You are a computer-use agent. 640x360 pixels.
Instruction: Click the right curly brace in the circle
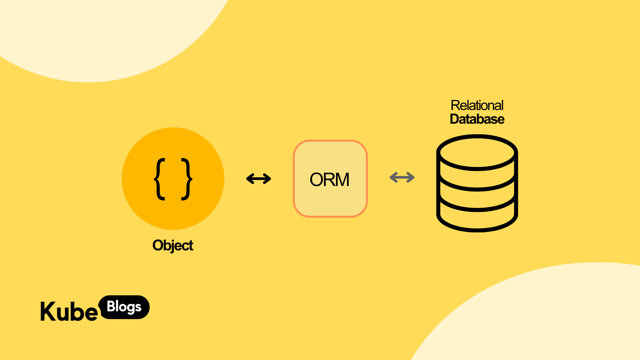pos(187,179)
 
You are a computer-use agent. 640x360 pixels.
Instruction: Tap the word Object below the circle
pos(173,246)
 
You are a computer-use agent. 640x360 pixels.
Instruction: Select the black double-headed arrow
pos(259,179)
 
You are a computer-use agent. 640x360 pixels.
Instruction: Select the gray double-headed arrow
pos(402,177)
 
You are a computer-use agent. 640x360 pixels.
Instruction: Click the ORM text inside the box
pos(329,179)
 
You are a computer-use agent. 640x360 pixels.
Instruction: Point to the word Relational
pos(477,105)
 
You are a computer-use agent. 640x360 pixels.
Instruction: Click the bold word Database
pos(477,119)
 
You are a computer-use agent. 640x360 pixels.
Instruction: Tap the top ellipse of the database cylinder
pos(477,152)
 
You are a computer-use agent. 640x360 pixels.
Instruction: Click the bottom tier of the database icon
pos(477,218)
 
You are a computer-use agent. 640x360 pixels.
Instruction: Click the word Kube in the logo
pos(69,312)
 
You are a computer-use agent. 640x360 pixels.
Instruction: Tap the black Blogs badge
pos(124,307)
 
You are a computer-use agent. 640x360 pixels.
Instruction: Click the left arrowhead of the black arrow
pos(249,179)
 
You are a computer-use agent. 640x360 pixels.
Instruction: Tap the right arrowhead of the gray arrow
pos(412,177)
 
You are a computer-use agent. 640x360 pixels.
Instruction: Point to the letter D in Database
pos(455,119)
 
